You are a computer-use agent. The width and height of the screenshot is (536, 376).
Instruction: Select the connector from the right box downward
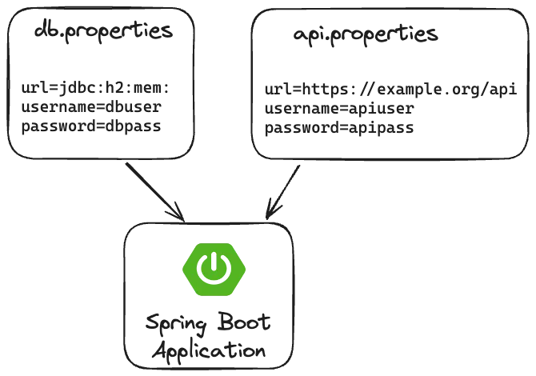285,188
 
